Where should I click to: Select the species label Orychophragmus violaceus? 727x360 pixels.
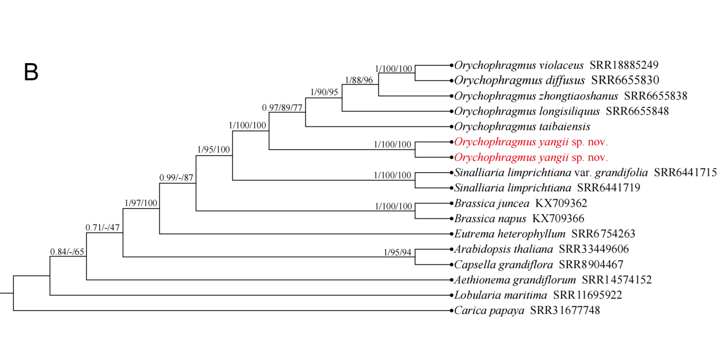[x=519, y=65]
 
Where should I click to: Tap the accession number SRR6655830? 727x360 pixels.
[x=625, y=80]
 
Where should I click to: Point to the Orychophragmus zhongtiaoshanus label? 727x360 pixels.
[x=536, y=95]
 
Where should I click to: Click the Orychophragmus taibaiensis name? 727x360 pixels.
[x=522, y=126]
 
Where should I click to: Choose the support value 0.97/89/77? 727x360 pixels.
[x=283, y=107]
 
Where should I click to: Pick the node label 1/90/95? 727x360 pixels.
[x=324, y=92]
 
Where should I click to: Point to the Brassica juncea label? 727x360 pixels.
[x=492, y=203]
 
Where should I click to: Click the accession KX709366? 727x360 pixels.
[x=558, y=218]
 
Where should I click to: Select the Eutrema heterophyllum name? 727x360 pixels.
[x=509, y=234]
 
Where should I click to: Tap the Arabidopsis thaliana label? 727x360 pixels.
[x=503, y=249]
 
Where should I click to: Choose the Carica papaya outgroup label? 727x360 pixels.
[x=489, y=311]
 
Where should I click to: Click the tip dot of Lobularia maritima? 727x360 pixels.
[x=450, y=296]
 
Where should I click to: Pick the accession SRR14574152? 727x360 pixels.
[x=616, y=280]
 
